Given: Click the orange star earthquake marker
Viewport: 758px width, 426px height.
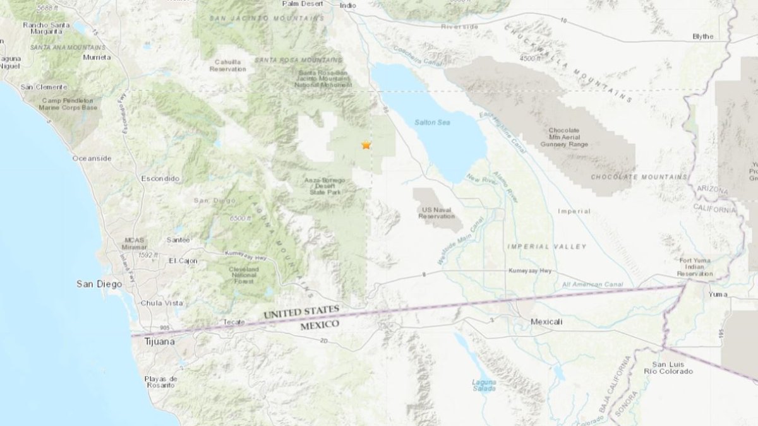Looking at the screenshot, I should point(366,145).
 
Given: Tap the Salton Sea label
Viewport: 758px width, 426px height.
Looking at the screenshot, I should point(431,122).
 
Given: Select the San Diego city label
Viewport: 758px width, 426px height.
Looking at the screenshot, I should point(99,284).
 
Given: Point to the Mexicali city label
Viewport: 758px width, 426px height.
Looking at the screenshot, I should point(546,321).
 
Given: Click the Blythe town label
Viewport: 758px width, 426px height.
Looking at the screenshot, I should point(702,37).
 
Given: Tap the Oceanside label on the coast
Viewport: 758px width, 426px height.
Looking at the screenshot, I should point(92,158).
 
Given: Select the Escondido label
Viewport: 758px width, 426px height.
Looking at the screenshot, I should point(160,179).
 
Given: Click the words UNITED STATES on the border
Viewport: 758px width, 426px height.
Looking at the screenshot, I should point(302,312).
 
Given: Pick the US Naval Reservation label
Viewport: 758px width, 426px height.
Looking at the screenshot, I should point(436,212).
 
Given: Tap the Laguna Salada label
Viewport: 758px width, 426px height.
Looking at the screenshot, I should point(484,385).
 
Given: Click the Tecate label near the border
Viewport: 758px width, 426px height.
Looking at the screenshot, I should point(234,322).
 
